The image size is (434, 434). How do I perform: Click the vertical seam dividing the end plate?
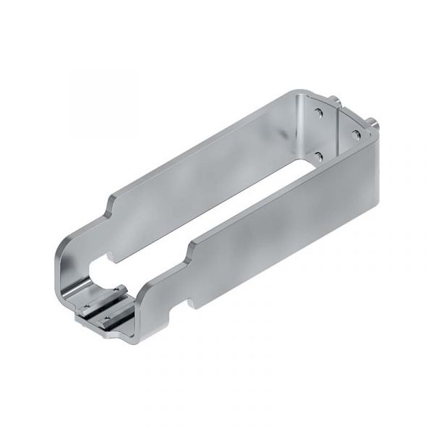click(x=338, y=130)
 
